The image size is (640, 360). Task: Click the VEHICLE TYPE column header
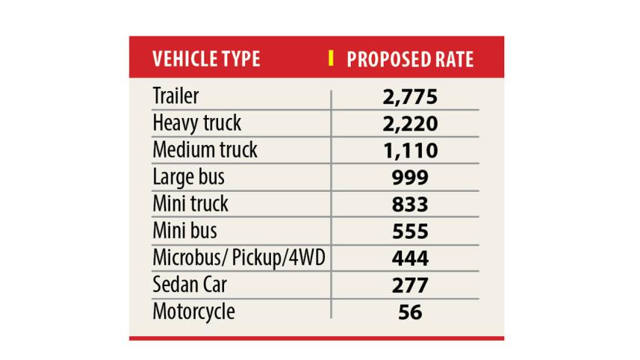205,59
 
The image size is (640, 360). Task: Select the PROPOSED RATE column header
410,59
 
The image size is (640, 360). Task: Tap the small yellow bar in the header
331,58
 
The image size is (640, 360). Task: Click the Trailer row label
175,96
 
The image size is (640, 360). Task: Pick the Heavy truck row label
196,122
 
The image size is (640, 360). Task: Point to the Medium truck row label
205,149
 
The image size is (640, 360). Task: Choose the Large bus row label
188,176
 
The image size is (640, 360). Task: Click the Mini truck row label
190,203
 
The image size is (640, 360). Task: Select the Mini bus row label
184,230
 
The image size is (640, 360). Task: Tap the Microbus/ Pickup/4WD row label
238,257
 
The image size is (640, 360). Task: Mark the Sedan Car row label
190,284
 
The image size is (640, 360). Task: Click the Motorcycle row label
193,310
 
